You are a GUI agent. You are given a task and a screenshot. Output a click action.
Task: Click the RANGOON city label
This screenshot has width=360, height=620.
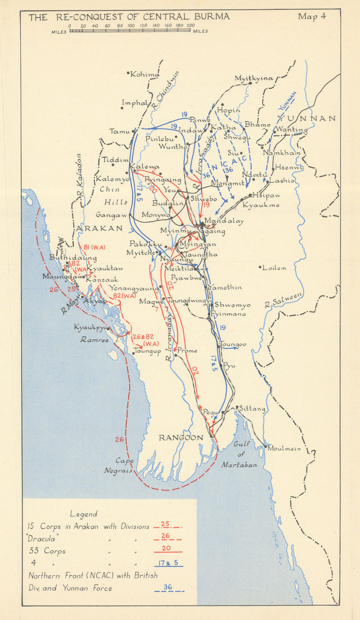click(181, 438)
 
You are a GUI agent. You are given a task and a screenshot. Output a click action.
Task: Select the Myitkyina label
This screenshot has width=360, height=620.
click(254, 78)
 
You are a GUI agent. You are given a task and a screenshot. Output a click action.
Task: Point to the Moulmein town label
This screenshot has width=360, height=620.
click(284, 449)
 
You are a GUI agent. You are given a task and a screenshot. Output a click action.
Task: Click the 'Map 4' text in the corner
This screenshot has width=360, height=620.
click(312, 17)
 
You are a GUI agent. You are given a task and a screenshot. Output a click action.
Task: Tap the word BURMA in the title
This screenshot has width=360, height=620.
click(212, 17)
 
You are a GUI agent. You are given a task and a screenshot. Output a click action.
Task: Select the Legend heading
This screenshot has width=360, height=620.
click(84, 514)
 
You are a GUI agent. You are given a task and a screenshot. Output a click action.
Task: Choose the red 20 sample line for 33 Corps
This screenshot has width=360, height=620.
click(165, 552)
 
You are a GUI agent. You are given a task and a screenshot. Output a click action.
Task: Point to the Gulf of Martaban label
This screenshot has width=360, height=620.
click(239, 454)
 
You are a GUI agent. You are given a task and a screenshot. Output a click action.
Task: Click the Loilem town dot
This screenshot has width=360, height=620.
click(260, 268)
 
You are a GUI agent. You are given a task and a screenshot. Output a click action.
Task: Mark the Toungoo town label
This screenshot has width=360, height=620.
click(234, 344)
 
